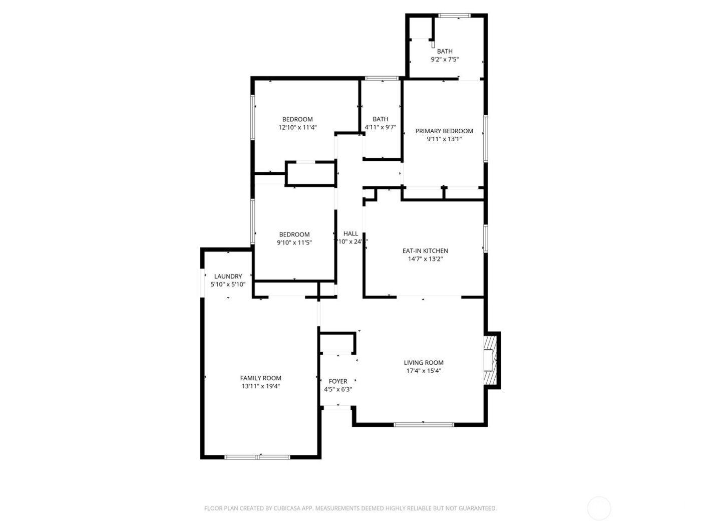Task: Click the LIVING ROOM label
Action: click(424, 363)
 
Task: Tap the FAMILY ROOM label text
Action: click(260, 378)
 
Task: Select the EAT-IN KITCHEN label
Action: click(425, 251)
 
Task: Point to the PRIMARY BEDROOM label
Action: click(444, 131)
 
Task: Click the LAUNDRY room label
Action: click(228, 277)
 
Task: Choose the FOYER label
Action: click(338, 381)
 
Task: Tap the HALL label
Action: click(350, 233)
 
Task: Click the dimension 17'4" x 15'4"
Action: click(424, 371)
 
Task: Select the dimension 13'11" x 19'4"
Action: click(260, 386)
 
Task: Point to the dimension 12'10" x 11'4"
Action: click(297, 127)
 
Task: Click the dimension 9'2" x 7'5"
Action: click(445, 59)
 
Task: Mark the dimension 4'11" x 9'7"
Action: click(380, 127)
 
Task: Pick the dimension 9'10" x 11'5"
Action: click(294, 242)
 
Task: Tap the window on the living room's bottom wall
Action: click(424, 425)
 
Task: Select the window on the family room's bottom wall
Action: click(257, 457)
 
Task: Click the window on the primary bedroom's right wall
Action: click(485, 139)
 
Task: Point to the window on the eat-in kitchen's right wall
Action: click(485, 238)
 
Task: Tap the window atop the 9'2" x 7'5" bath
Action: click(454, 16)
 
